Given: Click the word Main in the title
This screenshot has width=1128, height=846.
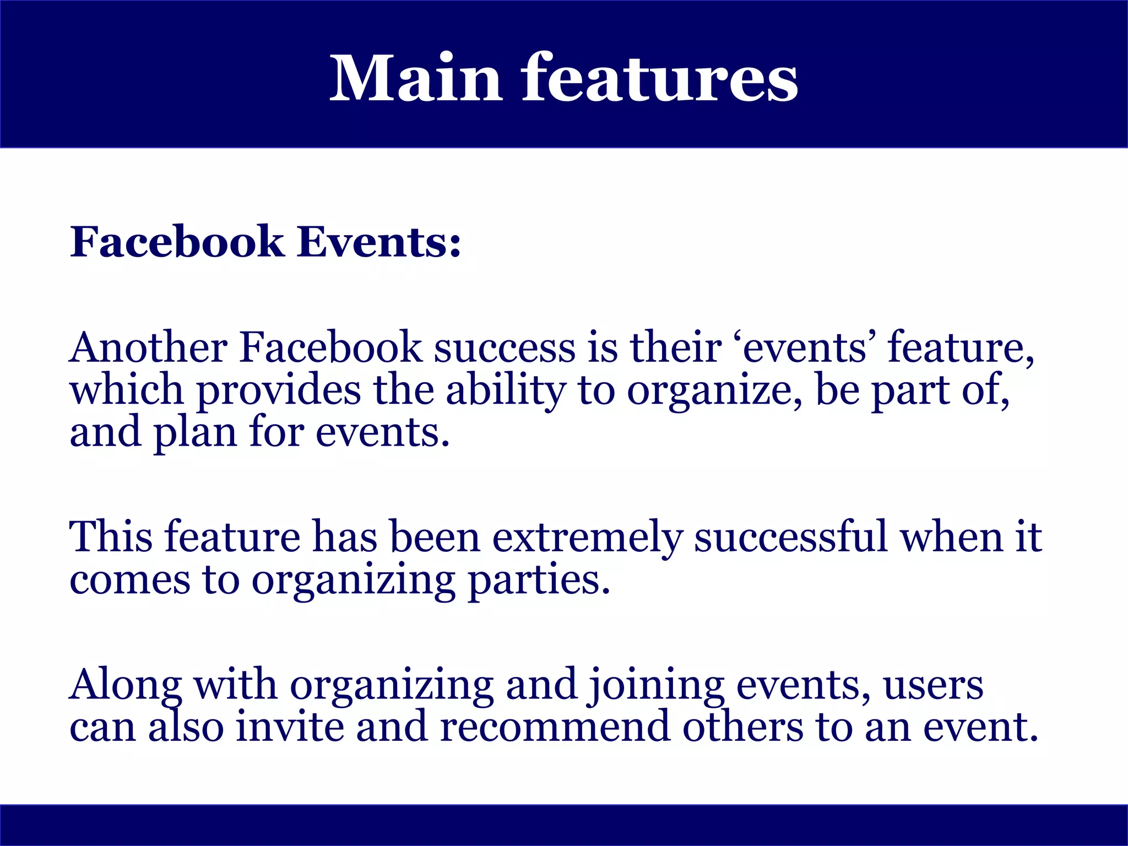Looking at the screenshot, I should click(415, 78).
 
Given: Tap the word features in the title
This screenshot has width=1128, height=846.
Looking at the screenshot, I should click(660, 78).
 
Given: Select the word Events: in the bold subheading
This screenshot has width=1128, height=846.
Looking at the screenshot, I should click(379, 242).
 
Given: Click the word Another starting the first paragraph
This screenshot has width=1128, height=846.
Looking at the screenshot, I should click(148, 348).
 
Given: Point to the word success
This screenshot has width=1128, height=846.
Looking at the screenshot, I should click(505, 348).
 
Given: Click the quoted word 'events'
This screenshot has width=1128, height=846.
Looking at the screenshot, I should click(805, 348).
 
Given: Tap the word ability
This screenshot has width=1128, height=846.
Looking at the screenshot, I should click(506, 391).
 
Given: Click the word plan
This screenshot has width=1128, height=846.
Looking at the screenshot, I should click(195, 433).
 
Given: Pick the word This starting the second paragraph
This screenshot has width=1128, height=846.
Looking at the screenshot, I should click(111, 536).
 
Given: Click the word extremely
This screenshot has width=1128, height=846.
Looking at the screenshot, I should click(587, 538).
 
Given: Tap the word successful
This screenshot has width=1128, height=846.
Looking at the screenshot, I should click(790, 536).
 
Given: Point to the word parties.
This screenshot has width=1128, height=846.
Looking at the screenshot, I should click(539, 581).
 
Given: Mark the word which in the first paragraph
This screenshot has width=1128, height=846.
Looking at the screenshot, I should click(126, 391).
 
